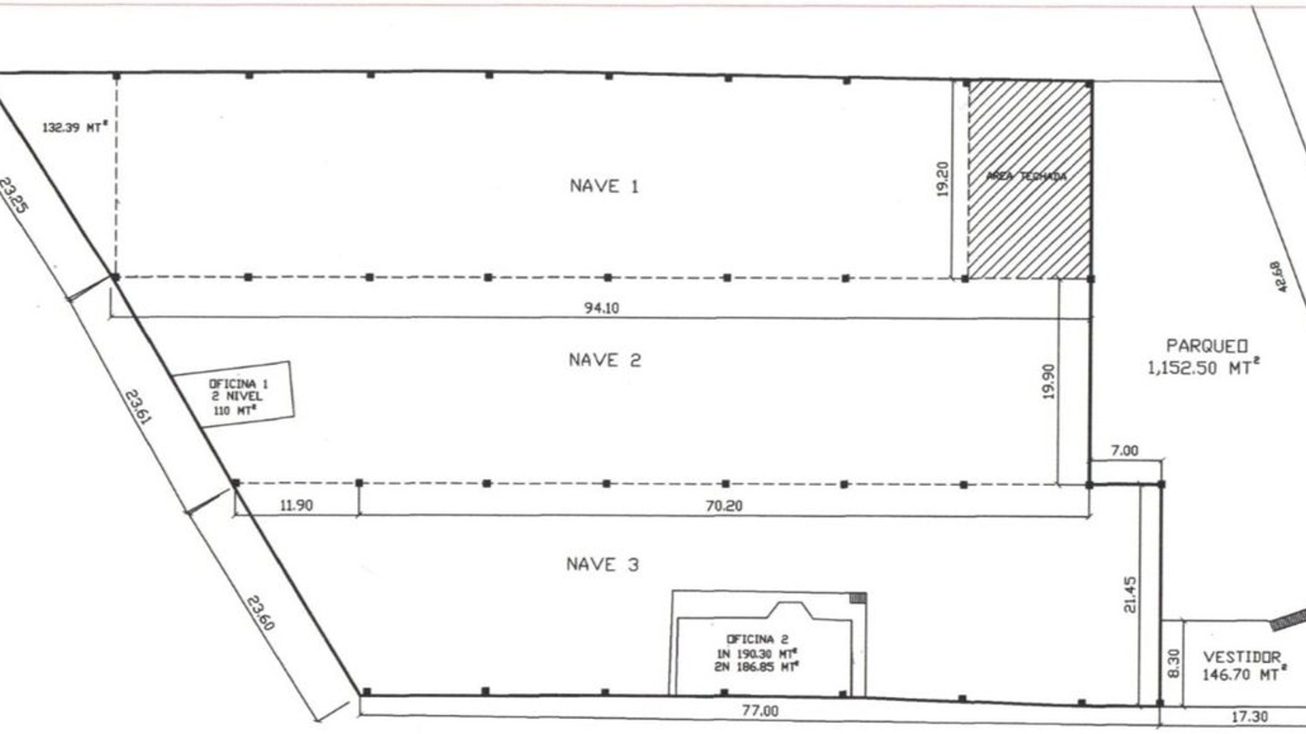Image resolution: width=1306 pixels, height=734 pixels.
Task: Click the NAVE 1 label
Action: (x=604, y=186)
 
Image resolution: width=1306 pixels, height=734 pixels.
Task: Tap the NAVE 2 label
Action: (x=605, y=360)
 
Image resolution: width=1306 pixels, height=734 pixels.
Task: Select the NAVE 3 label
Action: (x=603, y=565)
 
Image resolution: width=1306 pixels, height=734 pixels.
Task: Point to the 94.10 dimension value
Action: (x=601, y=308)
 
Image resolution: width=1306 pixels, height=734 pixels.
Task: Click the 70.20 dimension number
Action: (x=724, y=506)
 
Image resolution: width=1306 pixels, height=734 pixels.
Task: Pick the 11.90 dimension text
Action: (x=296, y=506)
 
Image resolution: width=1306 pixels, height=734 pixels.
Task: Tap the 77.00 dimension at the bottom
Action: (x=760, y=711)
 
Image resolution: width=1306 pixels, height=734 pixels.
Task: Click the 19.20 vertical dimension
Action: (x=943, y=179)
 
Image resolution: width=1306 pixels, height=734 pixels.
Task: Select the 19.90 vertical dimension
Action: (x=1048, y=381)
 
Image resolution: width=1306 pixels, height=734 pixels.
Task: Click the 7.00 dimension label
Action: (x=1124, y=451)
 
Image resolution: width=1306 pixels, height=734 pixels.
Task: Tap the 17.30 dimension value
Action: (x=1250, y=716)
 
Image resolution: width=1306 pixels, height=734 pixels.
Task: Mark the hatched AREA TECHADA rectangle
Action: (x=1029, y=179)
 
